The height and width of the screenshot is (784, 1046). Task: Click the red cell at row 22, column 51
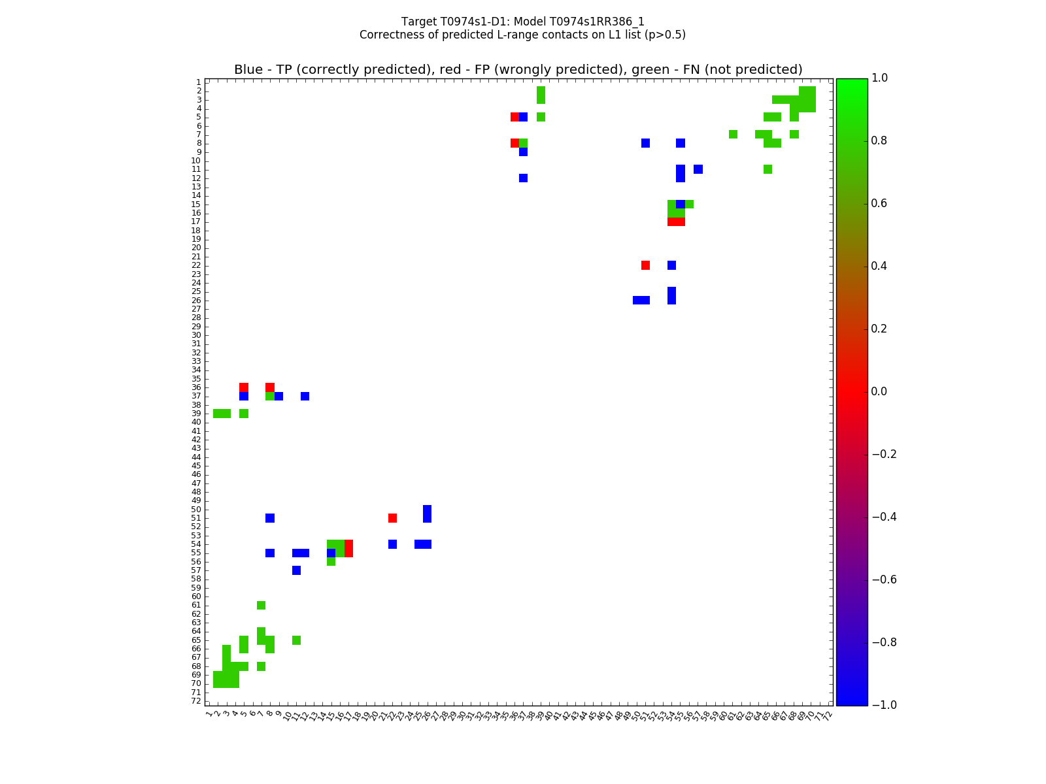point(646,265)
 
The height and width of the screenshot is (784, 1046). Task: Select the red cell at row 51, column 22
point(392,518)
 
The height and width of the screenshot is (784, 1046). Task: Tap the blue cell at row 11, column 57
point(698,169)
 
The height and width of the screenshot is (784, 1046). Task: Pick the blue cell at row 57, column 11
point(296,570)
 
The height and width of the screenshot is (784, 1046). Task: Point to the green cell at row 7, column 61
point(733,135)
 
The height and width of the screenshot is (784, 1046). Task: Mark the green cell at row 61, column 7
point(261,605)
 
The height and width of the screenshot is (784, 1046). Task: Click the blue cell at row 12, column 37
point(524,178)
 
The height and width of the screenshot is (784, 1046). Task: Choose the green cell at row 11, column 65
point(768,169)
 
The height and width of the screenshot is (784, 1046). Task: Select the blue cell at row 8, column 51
point(646,143)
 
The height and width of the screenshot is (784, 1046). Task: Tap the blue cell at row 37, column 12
point(305,396)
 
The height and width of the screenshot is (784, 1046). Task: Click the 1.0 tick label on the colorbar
point(879,78)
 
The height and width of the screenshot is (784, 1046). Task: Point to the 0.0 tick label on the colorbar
point(879,391)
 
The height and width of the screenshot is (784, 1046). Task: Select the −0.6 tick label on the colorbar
point(883,580)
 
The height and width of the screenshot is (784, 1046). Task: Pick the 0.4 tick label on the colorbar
point(879,266)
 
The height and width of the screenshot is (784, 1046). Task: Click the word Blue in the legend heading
point(248,69)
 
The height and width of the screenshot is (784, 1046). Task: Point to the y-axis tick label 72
point(196,701)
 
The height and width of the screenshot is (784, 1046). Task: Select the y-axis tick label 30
point(196,335)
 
